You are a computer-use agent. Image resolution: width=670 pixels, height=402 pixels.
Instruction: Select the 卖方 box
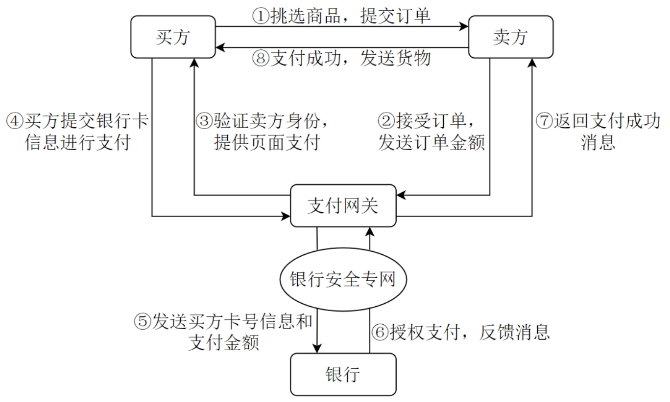click(511, 37)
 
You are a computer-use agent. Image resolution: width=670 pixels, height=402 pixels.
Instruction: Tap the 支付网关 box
click(343, 205)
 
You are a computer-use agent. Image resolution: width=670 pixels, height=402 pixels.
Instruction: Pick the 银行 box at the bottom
click(343, 374)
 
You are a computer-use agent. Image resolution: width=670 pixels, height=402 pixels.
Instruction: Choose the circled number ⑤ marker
click(143, 321)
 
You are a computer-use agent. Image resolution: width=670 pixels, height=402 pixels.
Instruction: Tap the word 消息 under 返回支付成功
click(598, 143)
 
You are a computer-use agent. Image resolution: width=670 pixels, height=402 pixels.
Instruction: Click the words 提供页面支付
click(266, 143)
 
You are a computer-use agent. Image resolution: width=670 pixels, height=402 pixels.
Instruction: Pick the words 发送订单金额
click(431, 143)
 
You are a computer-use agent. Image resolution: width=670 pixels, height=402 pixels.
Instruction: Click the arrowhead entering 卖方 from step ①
click(464, 27)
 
